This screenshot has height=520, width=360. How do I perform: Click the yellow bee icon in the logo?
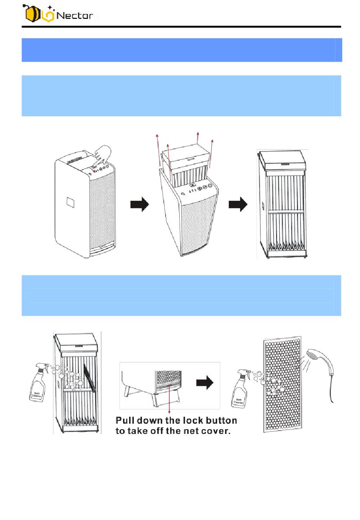pos(32,14)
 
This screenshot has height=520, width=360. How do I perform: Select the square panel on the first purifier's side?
pos(70,202)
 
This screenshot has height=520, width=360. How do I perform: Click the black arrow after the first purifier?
pos(140,204)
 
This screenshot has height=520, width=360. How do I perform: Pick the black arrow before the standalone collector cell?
pos(238,204)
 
